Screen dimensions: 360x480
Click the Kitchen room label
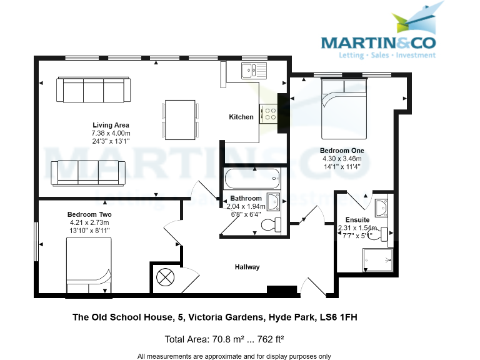(241, 117)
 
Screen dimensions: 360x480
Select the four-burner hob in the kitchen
(269, 112)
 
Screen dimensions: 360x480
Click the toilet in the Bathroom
(272, 224)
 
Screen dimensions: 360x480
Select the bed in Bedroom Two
(89, 266)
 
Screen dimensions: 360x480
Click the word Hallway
(247, 267)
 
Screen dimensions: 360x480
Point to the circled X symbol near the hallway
(167, 276)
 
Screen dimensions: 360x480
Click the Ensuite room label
(357, 220)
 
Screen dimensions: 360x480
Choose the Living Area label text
(111, 125)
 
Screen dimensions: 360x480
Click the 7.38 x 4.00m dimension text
(111, 133)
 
